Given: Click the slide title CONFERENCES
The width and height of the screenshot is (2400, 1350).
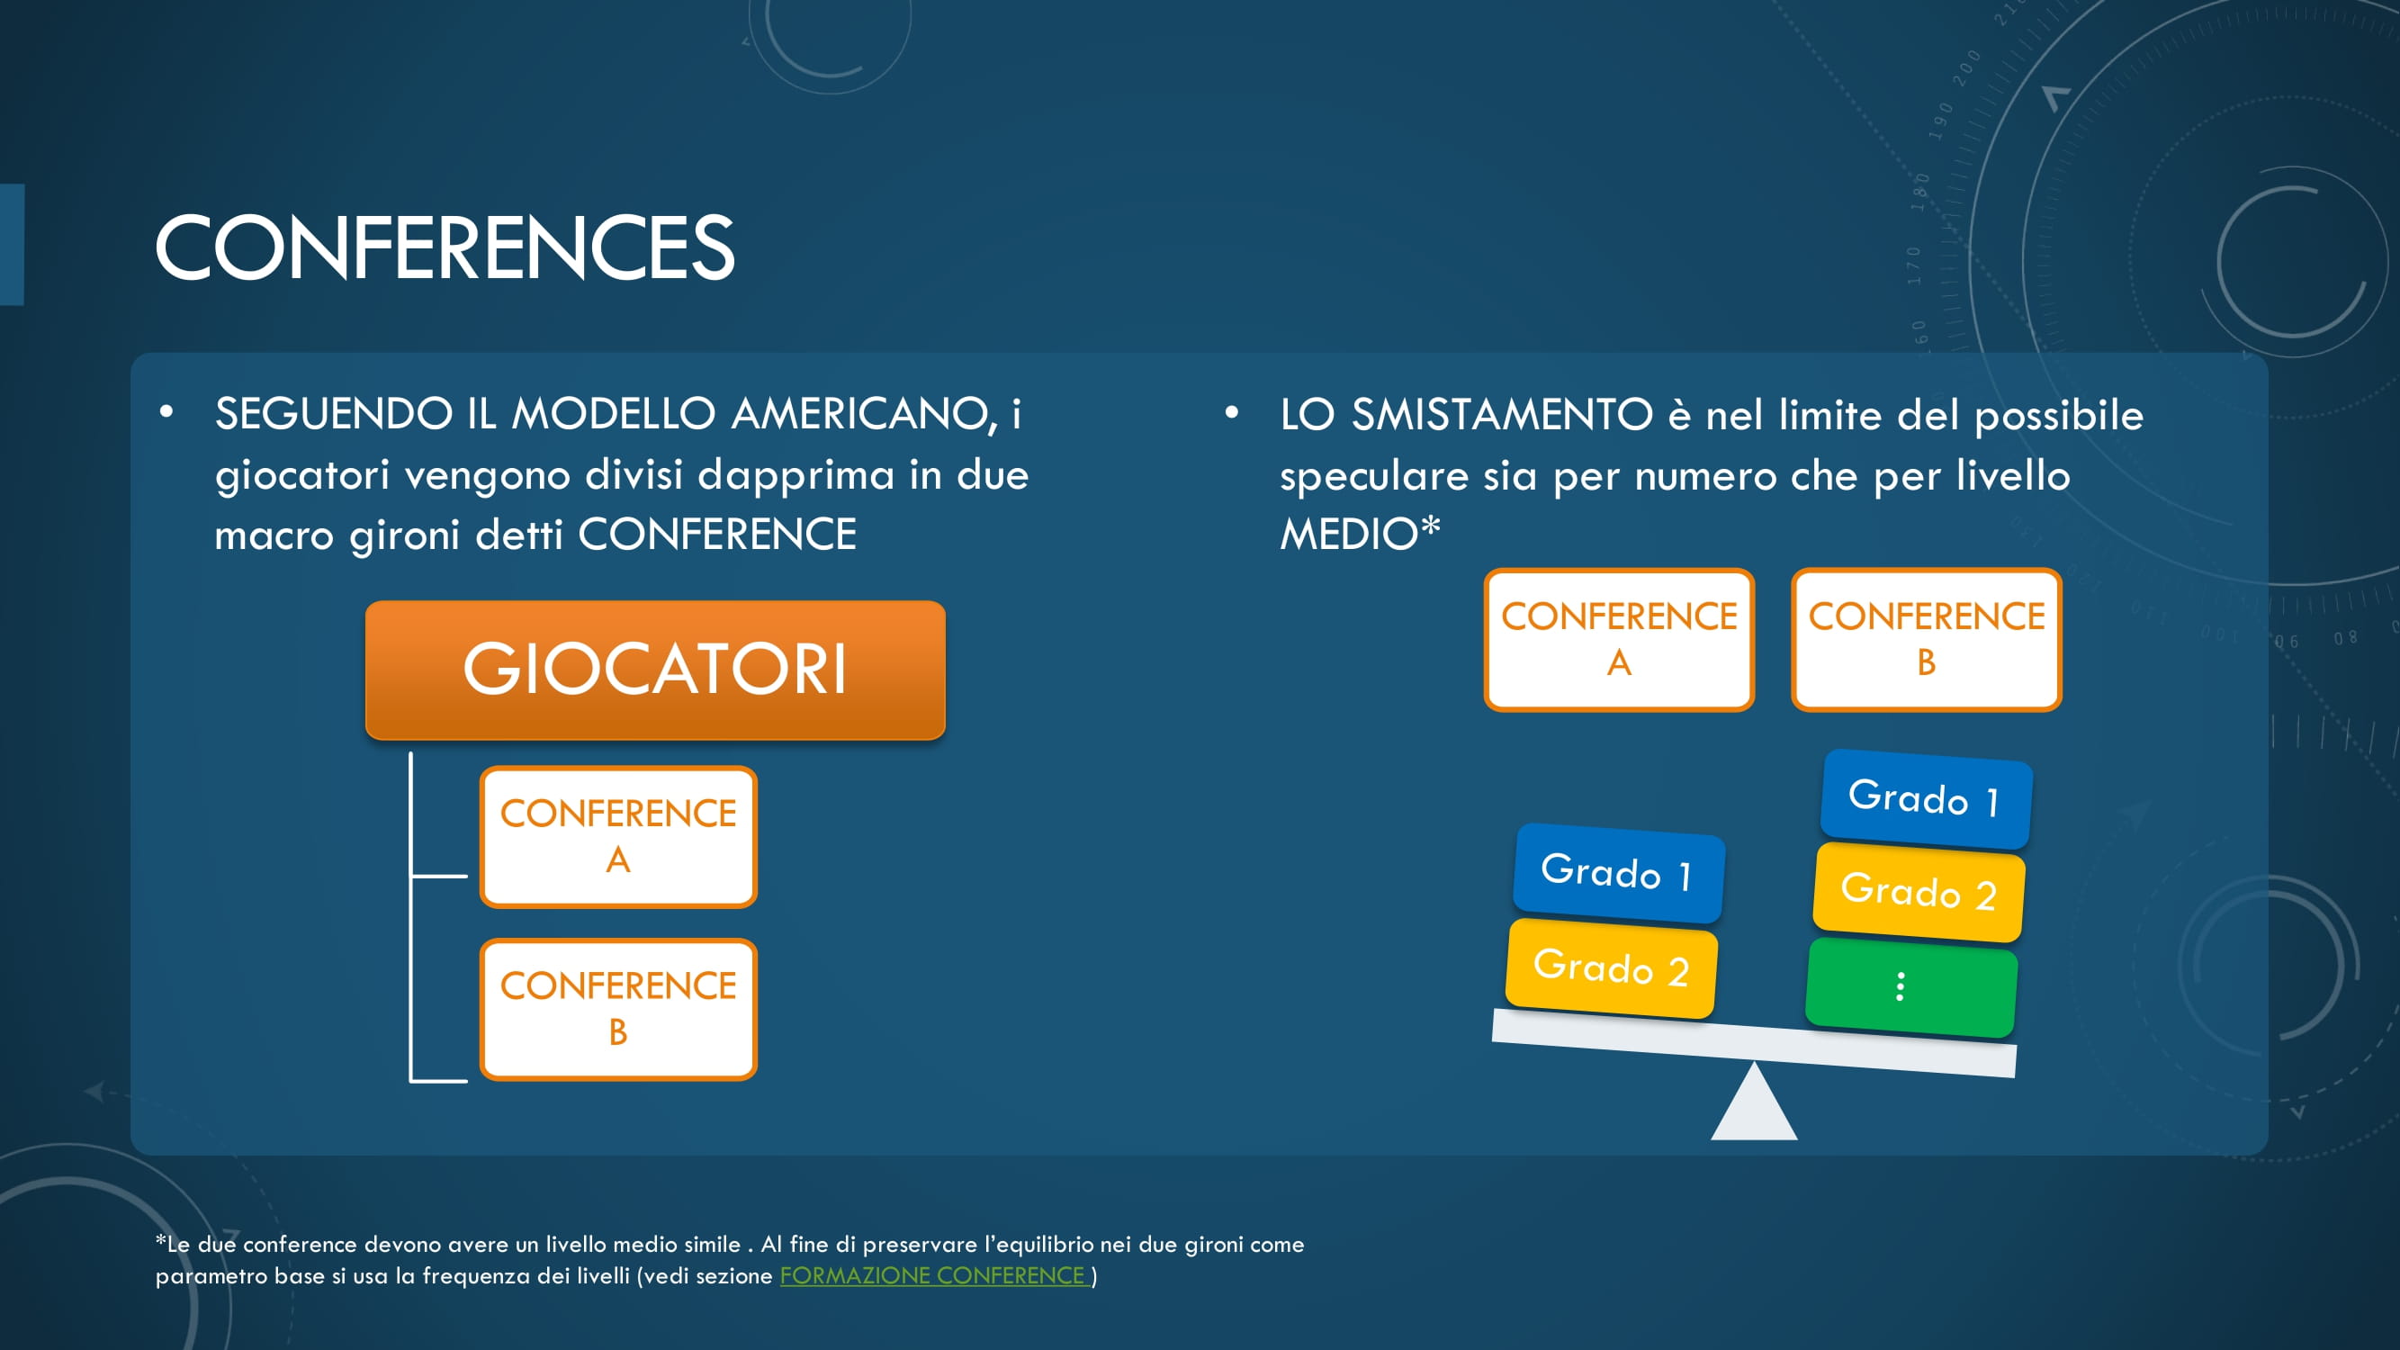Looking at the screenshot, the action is (445, 247).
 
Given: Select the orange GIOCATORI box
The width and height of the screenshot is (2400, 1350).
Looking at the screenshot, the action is (655, 670).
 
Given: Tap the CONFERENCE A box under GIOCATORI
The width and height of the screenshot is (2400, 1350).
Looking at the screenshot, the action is (617, 837).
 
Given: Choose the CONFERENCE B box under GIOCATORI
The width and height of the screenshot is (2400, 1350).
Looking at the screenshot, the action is (617, 1009).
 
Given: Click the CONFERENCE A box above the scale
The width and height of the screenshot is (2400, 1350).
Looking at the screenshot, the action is (1619, 639).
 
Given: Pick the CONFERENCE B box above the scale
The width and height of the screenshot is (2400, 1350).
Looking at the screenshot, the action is (1926, 639).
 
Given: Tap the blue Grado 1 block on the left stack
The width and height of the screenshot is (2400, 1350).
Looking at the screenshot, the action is (1618, 873).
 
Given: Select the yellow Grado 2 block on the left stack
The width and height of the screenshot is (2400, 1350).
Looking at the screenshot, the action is (1612, 968).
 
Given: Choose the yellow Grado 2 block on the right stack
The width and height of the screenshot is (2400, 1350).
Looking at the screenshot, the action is (1919, 892).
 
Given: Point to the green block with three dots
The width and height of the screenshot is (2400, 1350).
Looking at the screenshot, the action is (1910, 987).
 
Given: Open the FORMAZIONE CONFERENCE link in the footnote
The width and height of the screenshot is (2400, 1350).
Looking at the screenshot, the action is (932, 1275).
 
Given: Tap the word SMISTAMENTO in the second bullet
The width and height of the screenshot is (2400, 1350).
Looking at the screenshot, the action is (1502, 414).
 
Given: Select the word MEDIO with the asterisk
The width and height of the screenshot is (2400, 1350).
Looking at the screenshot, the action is (1361, 534).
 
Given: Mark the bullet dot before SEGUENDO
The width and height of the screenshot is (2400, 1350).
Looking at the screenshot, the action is (166, 413).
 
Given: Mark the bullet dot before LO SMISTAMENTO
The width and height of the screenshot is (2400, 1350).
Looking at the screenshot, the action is (1232, 413).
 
